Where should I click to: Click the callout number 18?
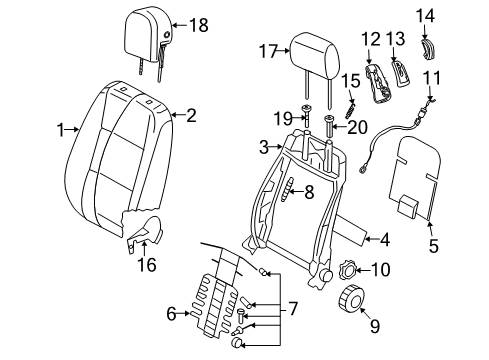click(x=199, y=25)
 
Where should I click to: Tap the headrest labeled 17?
click(x=315, y=56)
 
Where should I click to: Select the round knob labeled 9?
click(x=352, y=298)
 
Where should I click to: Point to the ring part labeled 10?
click(x=347, y=270)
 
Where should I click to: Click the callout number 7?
click(x=292, y=309)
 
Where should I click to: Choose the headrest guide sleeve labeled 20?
click(x=329, y=126)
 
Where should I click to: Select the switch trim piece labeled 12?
click(x=379, y=84)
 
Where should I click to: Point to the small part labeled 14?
click(x=428, y=49)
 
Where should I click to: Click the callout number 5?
click(x=433, y=246)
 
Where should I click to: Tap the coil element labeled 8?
click(x=288, y=190)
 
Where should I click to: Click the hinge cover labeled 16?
click(x=143, y=232)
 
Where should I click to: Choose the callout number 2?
click(x=191, y=116)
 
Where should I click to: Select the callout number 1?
click(x=60, y=130)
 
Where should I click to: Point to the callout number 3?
click(x=264, y=147)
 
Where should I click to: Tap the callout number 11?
click(x=432, y=78)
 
